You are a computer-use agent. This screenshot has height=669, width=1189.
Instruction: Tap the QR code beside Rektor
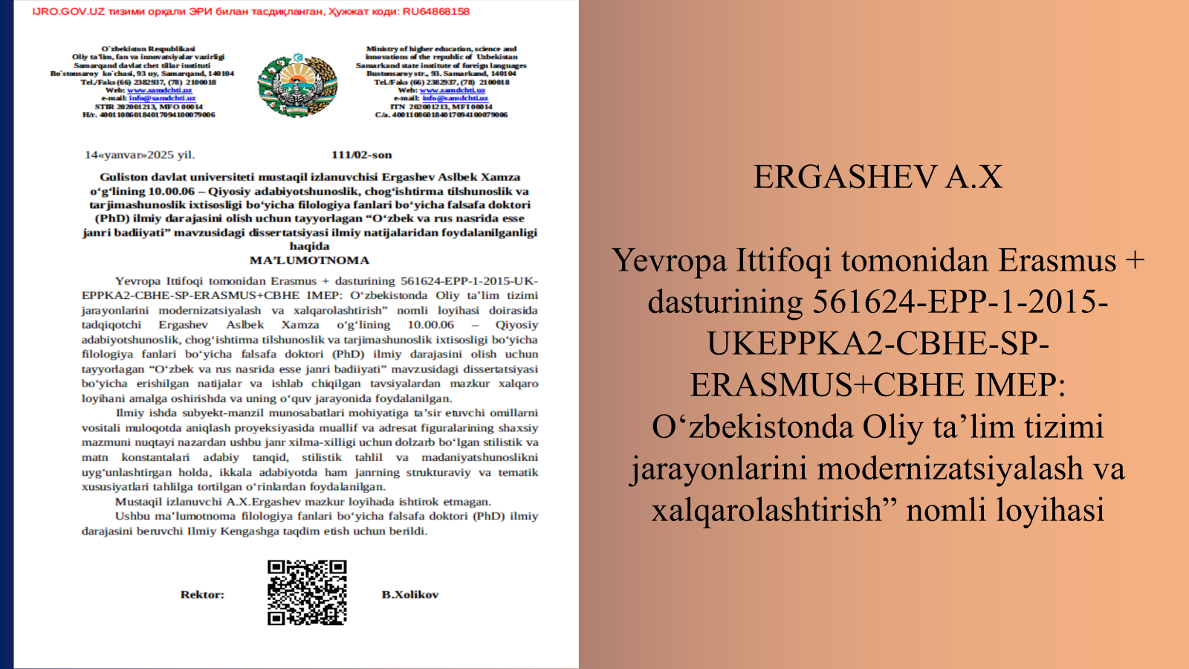307,592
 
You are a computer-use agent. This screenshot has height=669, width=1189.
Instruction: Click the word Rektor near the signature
202,595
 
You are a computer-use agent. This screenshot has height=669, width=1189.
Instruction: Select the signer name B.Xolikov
410,595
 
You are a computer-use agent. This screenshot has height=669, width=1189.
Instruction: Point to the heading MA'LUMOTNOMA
309,260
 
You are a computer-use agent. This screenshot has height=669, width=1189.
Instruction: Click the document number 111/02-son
361,155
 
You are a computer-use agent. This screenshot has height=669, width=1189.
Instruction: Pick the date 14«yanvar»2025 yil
140,155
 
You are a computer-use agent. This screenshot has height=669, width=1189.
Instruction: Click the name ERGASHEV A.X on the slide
878,177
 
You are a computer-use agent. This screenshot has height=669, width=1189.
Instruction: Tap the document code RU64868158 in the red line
435,11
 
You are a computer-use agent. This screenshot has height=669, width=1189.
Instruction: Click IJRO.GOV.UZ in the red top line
59,11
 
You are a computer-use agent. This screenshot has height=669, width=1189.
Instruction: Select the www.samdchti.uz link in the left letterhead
159,90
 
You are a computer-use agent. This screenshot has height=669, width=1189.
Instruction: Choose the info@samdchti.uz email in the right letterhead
455,98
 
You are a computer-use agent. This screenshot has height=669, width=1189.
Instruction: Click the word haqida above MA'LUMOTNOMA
309,246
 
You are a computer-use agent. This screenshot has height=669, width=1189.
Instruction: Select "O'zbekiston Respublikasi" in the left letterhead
149,48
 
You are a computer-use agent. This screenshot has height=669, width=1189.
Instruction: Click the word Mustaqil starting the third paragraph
138,502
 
